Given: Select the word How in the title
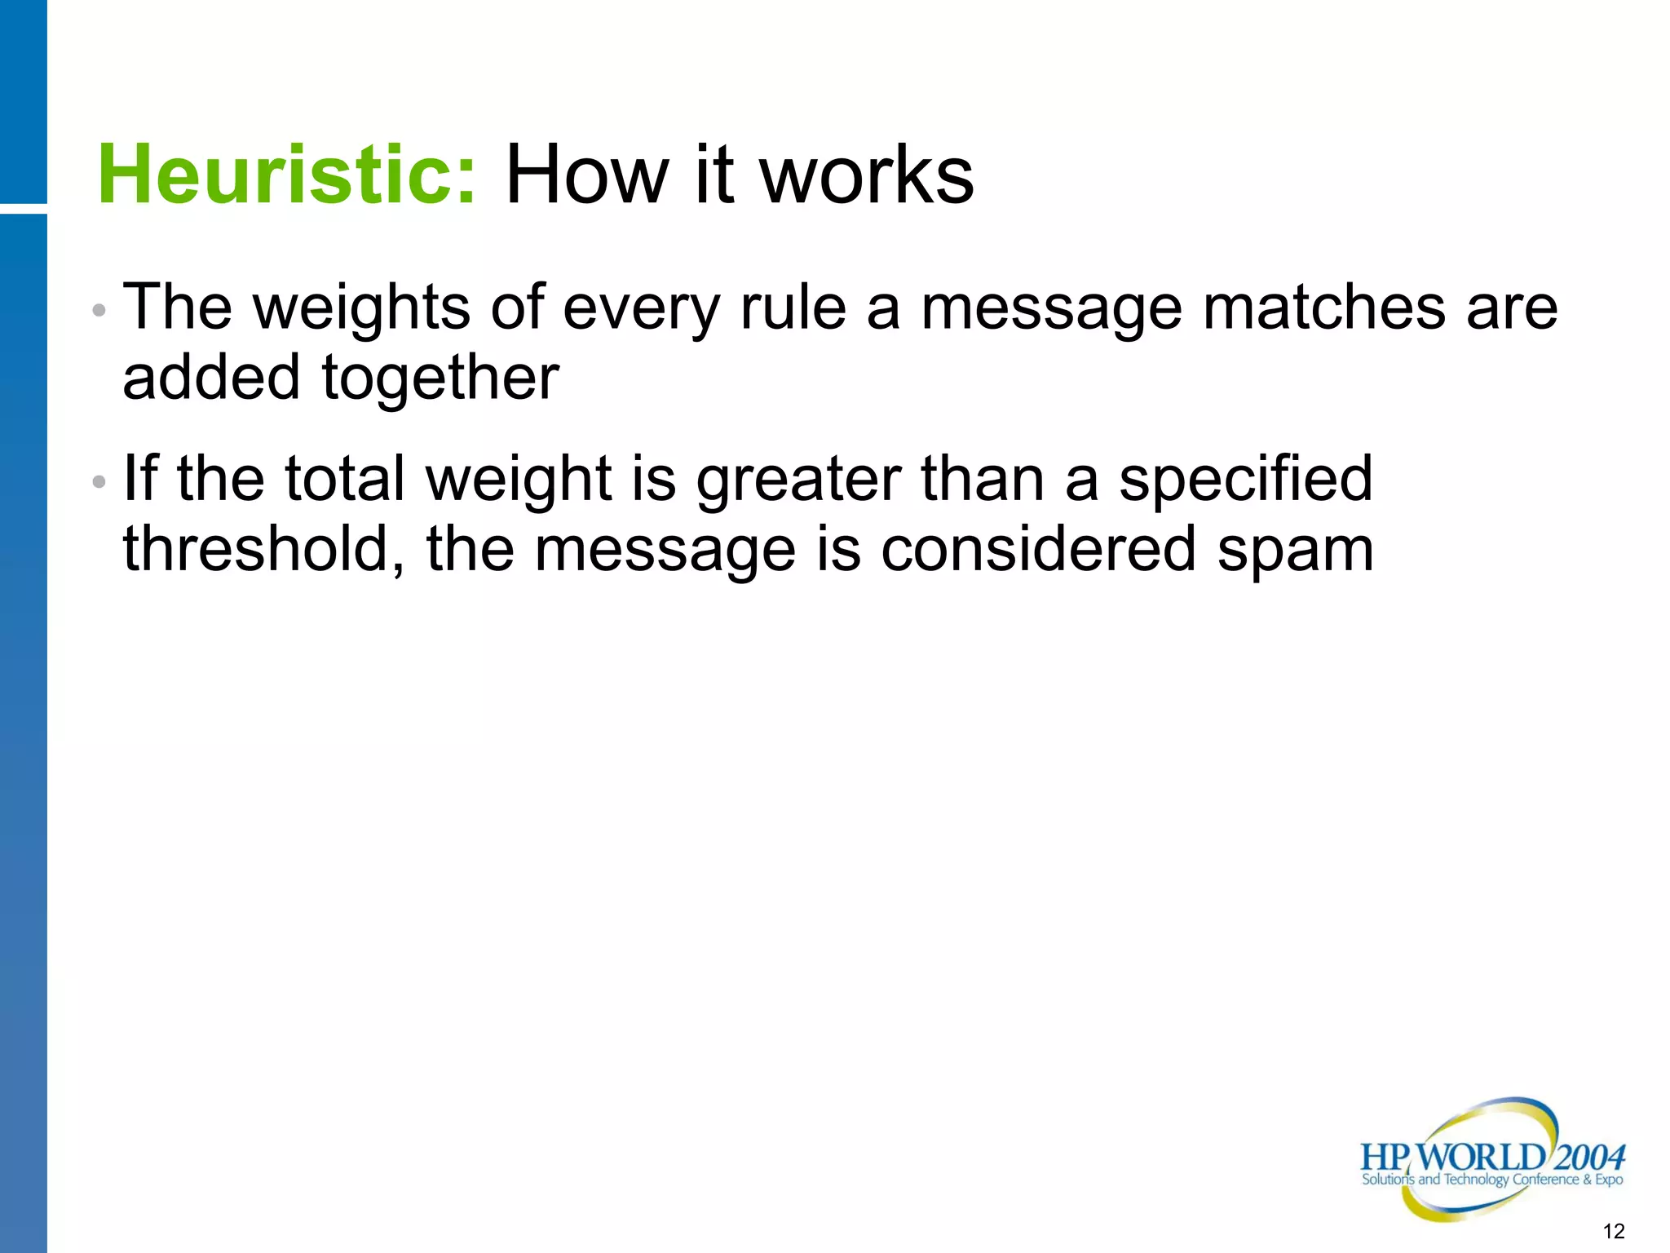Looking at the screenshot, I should [x=585, y=175].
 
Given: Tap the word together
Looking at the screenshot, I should [x=440, y=379].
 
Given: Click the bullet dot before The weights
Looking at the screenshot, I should [x=99, y=310].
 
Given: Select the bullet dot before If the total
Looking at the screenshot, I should [x=99, y=482].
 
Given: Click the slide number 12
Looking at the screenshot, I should [x=1614, y=1231].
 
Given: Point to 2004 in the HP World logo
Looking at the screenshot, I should [x=1589, y=1157].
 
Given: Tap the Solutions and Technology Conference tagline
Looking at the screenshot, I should [x=1492, y=1180].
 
